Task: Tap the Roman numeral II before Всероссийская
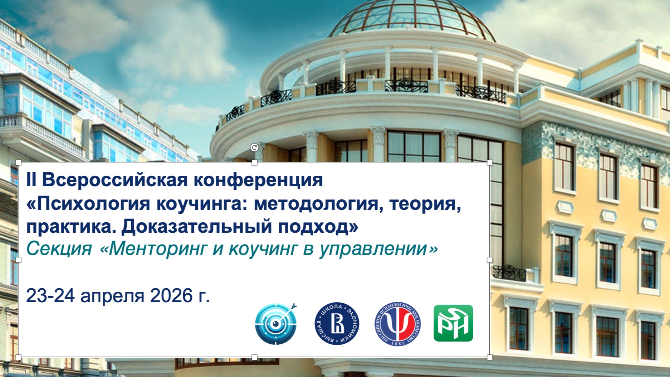click(x=31, y=180)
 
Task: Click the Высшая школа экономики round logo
click(x=337, y=324)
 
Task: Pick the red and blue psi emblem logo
click(x=397, y=324)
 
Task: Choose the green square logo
click(x=453, y=323)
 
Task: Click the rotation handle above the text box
click(x=254, y=148)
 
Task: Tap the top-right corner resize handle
click(x=490, y=163)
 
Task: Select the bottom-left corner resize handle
click(x=19, y=357)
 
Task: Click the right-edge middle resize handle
click(x=490, y=260)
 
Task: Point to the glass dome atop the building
click(x=411, y=18)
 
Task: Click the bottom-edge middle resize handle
click(x=254, y=357)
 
